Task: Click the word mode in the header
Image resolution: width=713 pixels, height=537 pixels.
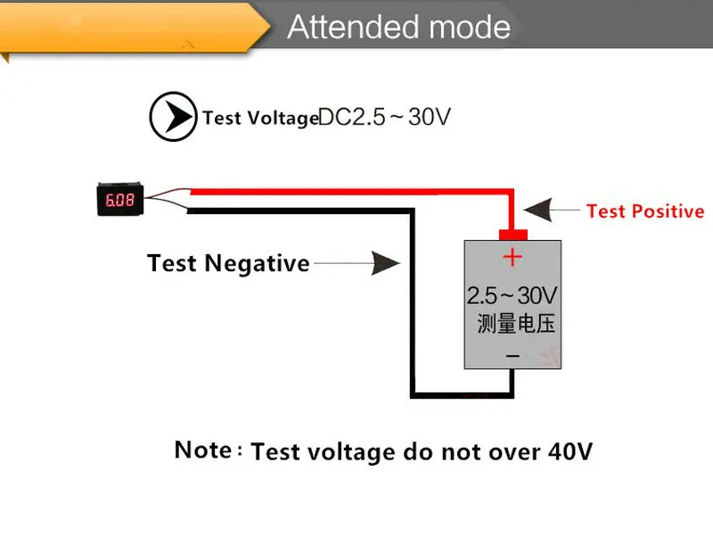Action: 470,28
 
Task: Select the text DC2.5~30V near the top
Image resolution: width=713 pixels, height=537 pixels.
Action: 385,117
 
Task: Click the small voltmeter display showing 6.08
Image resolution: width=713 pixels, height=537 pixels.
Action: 119,200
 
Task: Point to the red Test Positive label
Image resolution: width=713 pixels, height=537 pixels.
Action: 645,211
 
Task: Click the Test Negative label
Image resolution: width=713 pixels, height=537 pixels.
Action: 228,263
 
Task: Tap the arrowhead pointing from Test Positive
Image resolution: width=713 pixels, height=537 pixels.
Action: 538,211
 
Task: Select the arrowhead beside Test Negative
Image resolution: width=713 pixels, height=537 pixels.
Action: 385,263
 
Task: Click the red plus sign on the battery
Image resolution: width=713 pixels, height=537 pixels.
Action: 512,259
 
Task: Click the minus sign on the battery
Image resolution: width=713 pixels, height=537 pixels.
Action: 512,355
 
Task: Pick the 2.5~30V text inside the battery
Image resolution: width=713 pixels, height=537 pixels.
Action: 512,295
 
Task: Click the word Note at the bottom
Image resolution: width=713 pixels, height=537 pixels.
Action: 204,450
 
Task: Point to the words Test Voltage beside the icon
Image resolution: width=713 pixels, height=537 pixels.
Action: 259,118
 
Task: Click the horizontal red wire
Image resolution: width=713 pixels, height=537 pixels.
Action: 348,191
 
